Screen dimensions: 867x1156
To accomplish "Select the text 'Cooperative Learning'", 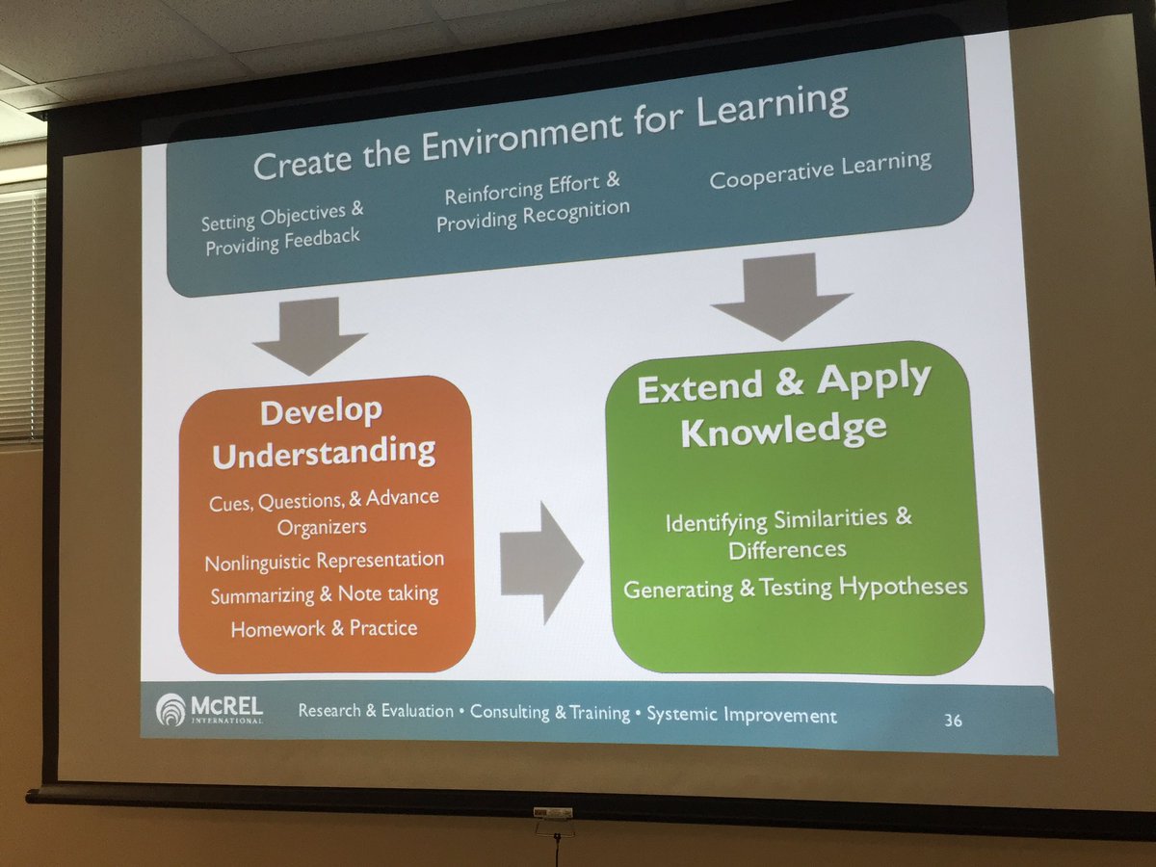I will [820, 171].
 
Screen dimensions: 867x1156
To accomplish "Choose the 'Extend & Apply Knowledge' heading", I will [783, 406].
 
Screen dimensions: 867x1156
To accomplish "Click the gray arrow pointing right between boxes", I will [541, 562].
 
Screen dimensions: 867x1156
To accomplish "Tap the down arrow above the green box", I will [781, 295].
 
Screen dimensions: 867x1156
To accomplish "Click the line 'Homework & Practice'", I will [324, 629].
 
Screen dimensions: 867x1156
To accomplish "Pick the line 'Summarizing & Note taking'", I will [325, 594].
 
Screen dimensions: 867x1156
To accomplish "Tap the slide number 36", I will [952, 720].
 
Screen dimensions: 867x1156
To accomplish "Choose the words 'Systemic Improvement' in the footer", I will [742, 716].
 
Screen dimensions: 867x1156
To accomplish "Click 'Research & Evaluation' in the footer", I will [376, 711].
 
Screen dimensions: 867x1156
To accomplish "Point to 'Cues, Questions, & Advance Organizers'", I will [324, 512].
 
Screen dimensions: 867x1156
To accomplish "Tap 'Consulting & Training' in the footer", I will [549, 714].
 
